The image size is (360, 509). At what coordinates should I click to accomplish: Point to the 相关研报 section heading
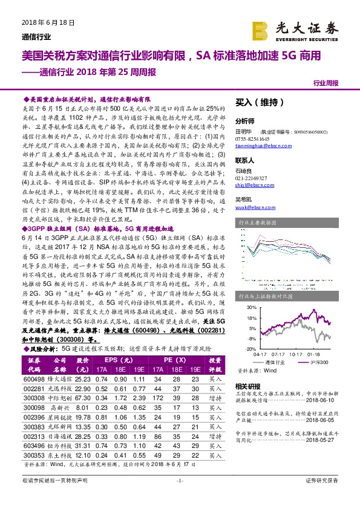click(x=249, y=386)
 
